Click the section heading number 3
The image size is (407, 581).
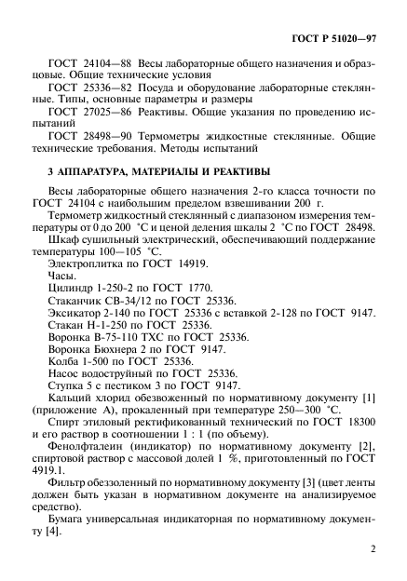50,172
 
